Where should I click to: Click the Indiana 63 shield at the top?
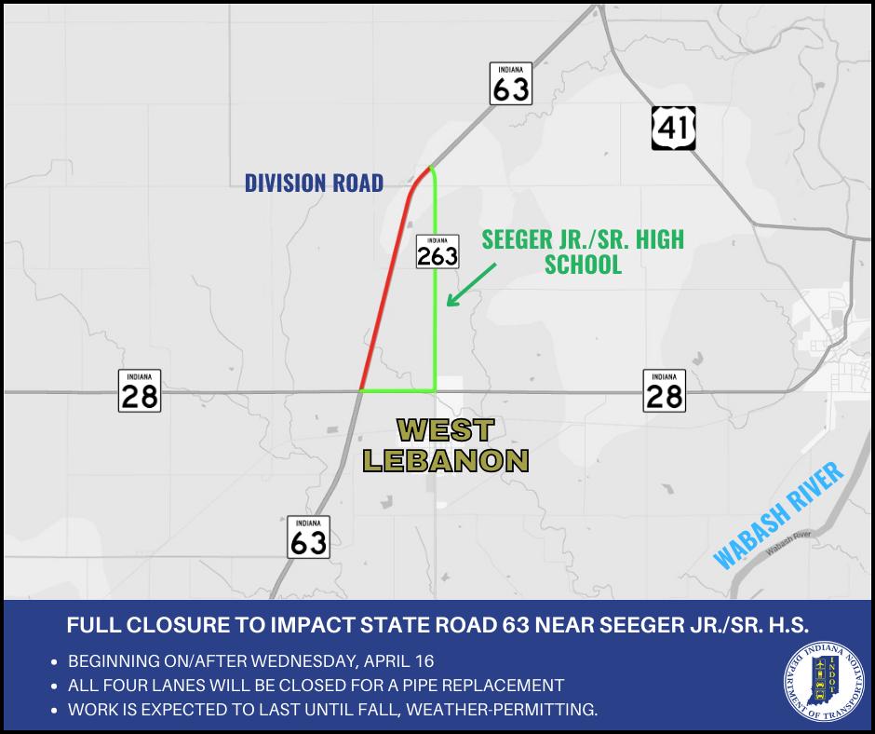(x=511, y=84)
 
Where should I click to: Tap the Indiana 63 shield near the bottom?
(x=308, y=537)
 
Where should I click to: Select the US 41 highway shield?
(x=673, y=127)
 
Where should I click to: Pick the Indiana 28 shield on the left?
(x=140, y=391)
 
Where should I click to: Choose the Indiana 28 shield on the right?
(x=664, y=391)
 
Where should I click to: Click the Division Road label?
(x=314, y=183)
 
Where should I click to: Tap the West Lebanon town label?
(x=446, y=445)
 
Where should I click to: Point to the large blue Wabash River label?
(x=778, y=515)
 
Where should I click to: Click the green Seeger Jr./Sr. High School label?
(x=583, y=251)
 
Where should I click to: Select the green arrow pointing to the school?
(x=471, y=283)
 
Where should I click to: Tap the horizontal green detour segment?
(x=398, y=390)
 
